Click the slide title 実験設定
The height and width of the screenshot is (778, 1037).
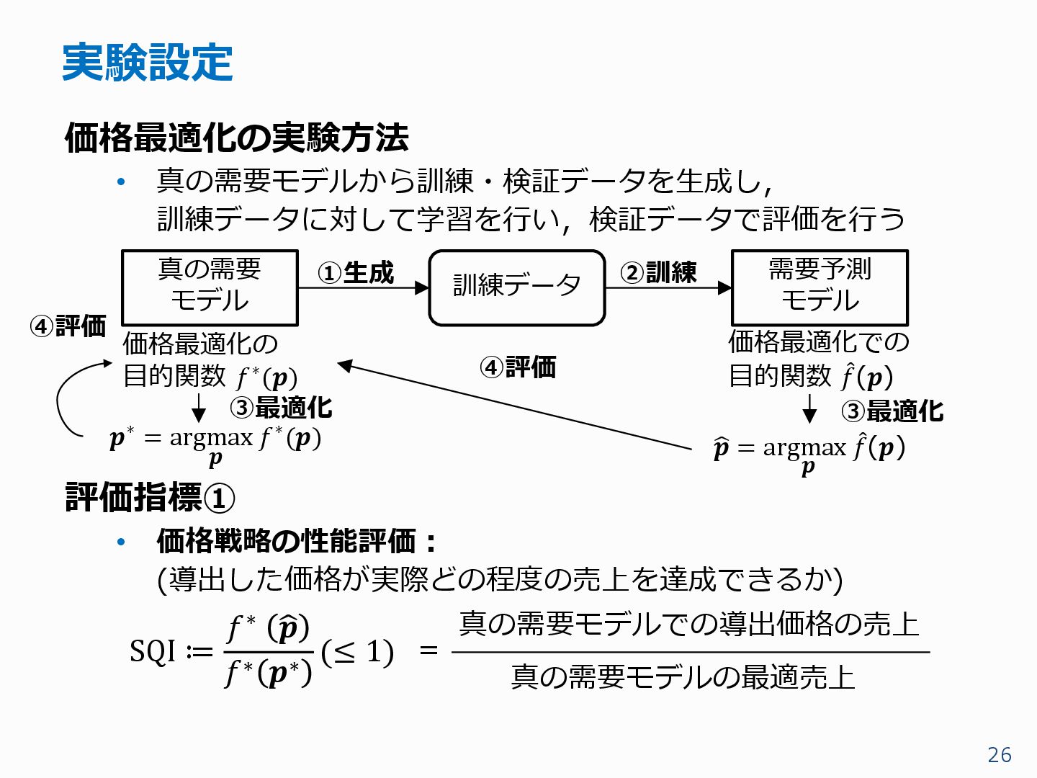click(x=147, y=62)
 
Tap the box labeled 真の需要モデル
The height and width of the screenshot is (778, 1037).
click(x=210, y=287)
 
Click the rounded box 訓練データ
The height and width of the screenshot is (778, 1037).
click(x=516, y=287)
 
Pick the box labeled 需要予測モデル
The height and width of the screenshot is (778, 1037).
click(x=820, y=287)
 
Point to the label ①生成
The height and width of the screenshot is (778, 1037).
click(x=356, y=273)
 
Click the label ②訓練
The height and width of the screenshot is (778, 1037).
click(x=658, y=273)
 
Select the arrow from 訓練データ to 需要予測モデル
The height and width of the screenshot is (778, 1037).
click(x=668, y=287)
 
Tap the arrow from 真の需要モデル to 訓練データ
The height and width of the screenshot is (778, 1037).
click(x=363, y=287)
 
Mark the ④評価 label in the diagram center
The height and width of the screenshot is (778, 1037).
click(x=518, y=367)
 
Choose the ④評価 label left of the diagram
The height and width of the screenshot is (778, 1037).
click(x=68, y=326)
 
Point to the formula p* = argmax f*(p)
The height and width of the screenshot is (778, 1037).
click(x=215, y=442)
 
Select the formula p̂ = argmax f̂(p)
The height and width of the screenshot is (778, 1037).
click(x=809, y=451)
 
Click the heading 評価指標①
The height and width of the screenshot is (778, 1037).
click(x=150, y=498)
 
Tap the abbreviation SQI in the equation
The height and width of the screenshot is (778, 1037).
click(x=153, y=652)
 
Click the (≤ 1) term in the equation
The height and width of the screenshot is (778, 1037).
click(x=357, y=652)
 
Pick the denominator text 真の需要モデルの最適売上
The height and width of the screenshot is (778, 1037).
click(x=683, y=677)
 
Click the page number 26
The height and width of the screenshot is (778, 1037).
click(x=999, y=754)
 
